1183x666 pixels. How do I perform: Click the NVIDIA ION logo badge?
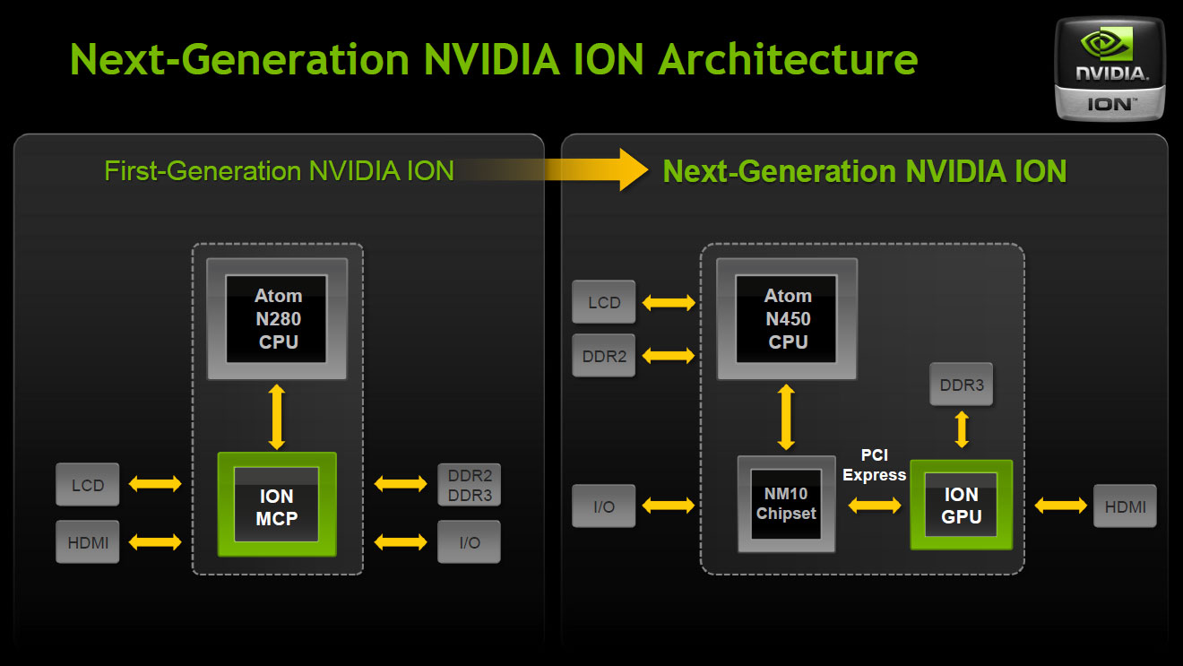point(1110,68)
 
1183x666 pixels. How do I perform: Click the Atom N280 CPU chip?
point(277,318)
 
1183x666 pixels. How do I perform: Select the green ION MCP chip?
point(277,506)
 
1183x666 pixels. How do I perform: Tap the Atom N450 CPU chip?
point(787,318)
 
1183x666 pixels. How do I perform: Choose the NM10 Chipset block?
point(786,504)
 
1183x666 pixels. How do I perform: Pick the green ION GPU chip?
point(961,505)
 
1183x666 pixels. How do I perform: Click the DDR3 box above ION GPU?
point(962,385)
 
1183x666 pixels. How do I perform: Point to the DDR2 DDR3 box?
point(469,485)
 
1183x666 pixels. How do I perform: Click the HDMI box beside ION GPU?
point(1125,506)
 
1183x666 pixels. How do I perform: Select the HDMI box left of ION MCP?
point(88,541)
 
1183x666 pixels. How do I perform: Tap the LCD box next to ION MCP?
point(88,485)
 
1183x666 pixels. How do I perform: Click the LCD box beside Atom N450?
point(604,302)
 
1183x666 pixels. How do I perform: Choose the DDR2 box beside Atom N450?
point(604,355)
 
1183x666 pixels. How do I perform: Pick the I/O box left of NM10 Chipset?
point(604,506)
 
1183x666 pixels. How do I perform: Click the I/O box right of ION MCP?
point(469,541)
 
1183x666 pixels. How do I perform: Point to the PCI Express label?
point(874,465)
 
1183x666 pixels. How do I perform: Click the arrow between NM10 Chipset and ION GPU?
point(875,506)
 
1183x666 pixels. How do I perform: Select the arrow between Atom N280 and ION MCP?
point(277,416)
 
